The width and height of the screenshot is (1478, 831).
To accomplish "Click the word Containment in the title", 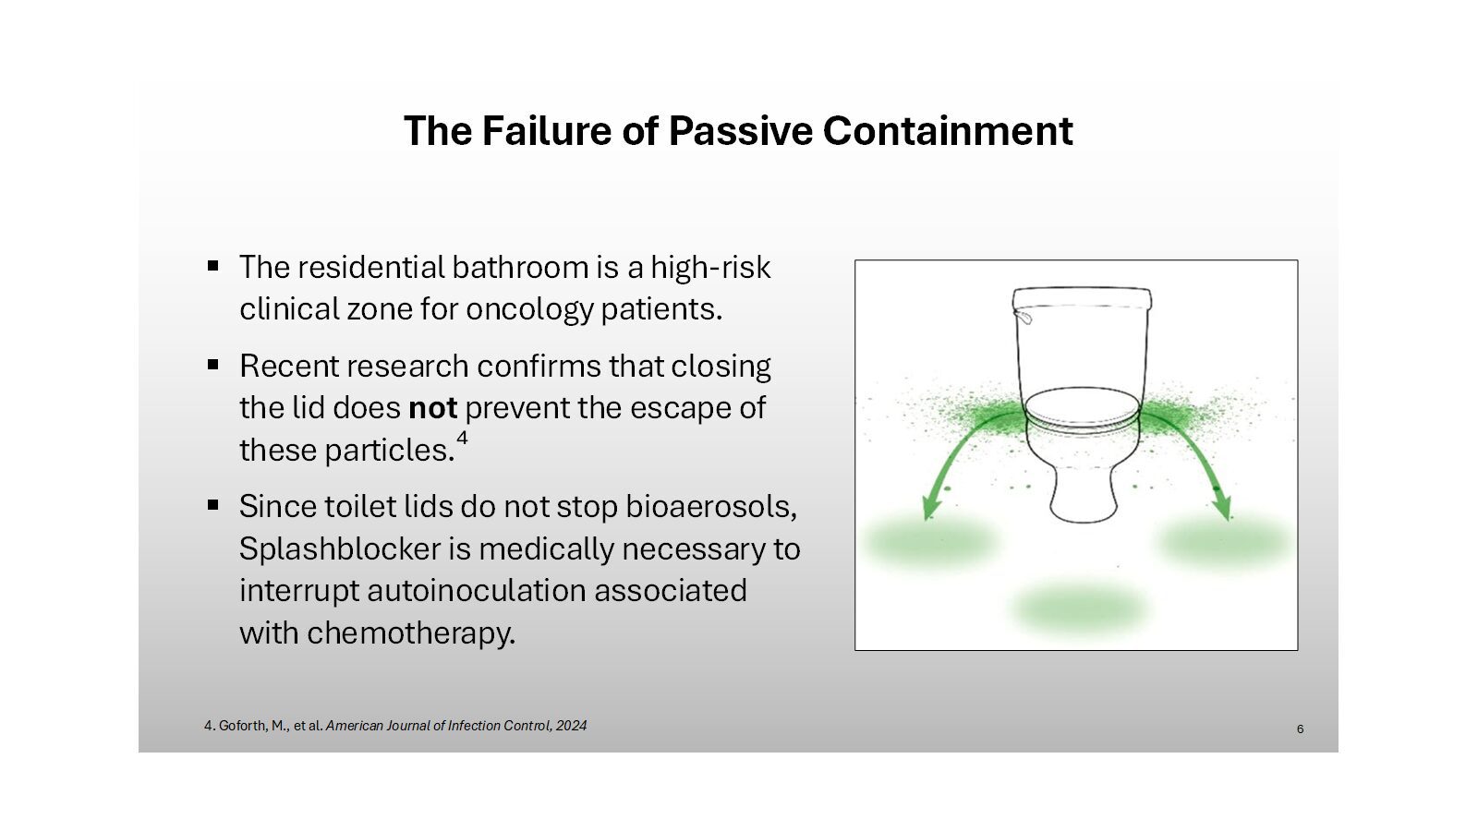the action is (948, 130).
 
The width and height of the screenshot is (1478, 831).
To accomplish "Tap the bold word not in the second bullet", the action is (433, 408).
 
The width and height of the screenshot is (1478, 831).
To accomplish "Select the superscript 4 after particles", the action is (462, 438).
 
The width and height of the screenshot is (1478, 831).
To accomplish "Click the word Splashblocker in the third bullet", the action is (339, 548).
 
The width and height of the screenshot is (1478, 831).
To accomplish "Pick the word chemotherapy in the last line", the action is (410, 633).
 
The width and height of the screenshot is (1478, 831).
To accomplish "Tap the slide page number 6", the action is (1300, 729).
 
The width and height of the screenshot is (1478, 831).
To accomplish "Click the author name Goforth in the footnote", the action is (243, 726).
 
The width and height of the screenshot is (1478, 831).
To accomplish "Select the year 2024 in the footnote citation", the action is (571, 726).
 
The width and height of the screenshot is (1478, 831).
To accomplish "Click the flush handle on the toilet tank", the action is (1024, 318).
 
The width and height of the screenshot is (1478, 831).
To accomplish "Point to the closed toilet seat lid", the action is (1082, 405).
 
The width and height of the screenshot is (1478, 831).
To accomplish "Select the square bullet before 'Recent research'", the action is (212, 365).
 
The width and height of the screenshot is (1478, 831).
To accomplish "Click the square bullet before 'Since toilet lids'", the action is (212, 505).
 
